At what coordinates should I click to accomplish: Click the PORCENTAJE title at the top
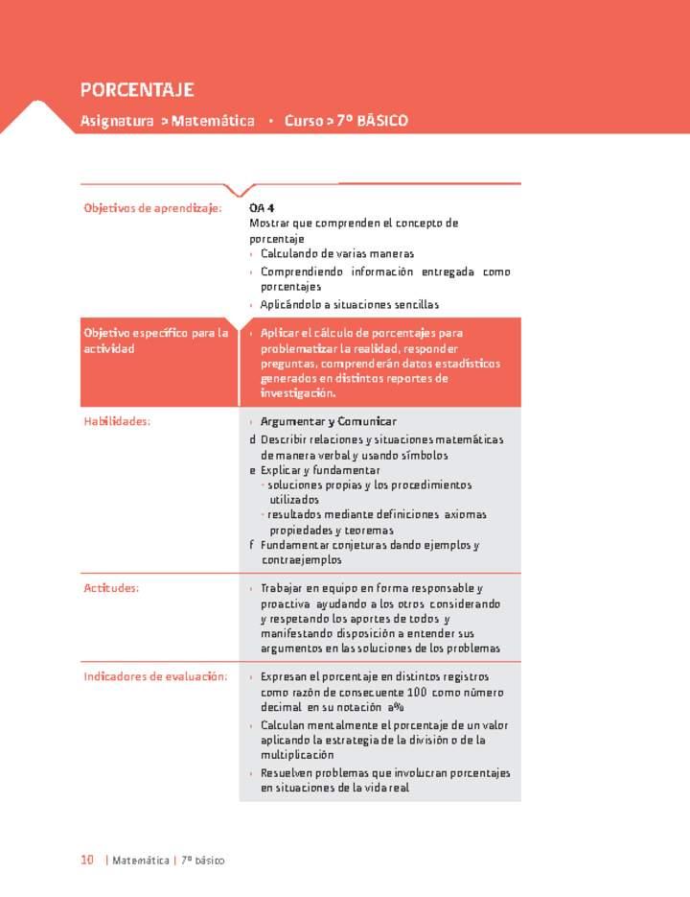[137, 90]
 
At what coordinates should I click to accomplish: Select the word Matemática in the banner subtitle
[213, 121]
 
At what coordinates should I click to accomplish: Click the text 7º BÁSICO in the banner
[373, 121]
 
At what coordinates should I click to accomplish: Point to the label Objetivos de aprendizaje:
[152, 207]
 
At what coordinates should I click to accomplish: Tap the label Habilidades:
[117, 421]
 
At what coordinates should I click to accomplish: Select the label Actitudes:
[111, 588]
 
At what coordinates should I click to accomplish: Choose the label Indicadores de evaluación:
[155, 676]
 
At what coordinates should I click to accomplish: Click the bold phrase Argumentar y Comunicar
[329, 421]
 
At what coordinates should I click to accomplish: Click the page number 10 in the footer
[86, 861]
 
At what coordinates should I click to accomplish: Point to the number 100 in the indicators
[416, 693]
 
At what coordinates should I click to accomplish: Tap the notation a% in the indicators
[396, 708]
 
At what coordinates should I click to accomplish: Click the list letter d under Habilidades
[252, 439]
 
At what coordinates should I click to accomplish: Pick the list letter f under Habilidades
[252, 545]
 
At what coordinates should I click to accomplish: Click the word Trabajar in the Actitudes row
[284, 588]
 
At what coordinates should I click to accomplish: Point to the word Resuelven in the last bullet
[288, 772]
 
